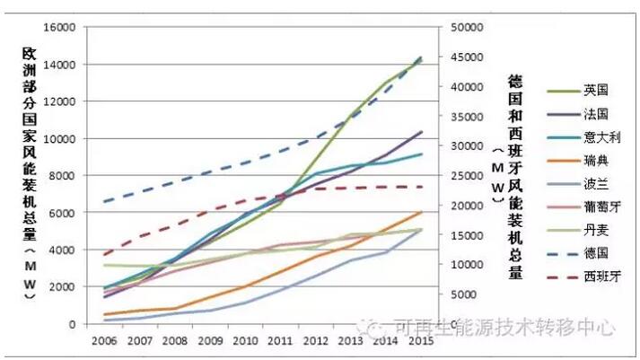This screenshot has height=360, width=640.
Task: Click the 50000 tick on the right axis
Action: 465,27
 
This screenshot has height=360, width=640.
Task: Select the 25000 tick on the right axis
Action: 465,176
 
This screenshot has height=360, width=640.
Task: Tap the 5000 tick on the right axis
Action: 462,294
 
